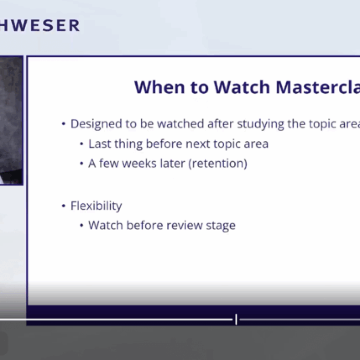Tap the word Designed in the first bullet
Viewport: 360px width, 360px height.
click(92, 124)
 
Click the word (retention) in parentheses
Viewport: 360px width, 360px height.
click(218, 163)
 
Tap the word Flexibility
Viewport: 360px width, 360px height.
click(96, 206)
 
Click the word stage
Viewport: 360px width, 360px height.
click(220, 225)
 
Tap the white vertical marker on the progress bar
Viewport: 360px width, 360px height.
click(236, 319)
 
